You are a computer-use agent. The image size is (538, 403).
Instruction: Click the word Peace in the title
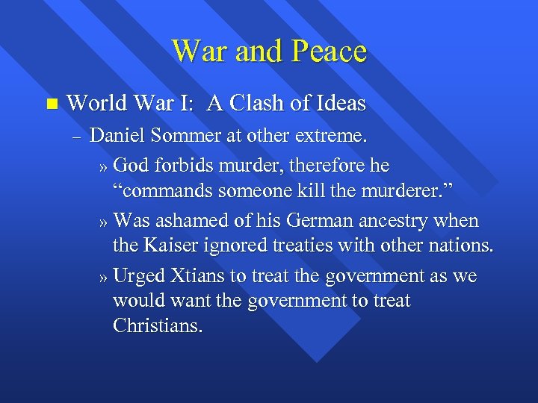pyautogui.click(x=329, y=51)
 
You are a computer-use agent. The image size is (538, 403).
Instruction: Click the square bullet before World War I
pyautogui.click(x=50, y=103)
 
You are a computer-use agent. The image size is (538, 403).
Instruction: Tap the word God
pyautogui.click(x=133, y=164)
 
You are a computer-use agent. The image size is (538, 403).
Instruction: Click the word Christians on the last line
pyautogui.click(x=158, y=326)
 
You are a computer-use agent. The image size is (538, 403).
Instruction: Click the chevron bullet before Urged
pyautogui.click(x=104, y=278)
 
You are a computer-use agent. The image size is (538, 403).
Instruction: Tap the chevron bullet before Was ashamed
pyautogui.click(x=104, y=222)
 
